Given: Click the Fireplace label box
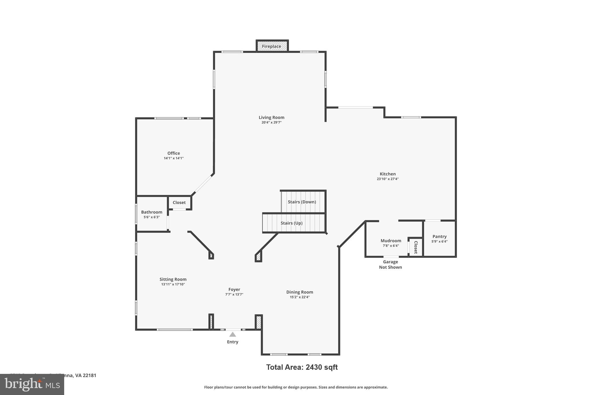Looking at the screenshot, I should (271, 46).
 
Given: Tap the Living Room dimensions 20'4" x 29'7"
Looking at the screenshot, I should (271, 122).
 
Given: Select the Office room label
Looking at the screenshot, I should (173, 153).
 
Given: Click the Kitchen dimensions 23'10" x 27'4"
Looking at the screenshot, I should (387, 179).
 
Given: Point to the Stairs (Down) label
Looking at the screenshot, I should (302, 202).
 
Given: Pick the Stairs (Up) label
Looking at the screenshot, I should (291, 223).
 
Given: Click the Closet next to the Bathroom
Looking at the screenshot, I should (179, 203).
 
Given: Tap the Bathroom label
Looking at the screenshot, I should (151, 212).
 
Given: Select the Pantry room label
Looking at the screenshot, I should (439, 236).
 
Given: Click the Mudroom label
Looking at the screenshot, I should (391, 241).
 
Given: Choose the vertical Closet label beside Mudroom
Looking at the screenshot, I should (416, 247).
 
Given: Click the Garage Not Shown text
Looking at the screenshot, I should (390, 264).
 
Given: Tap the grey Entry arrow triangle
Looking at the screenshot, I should (233, 335).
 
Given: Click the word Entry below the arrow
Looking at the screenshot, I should (232, 342).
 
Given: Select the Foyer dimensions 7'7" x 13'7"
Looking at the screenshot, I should (234, 294).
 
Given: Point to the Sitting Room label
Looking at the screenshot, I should (173, 279).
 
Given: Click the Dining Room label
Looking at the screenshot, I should (299, 292).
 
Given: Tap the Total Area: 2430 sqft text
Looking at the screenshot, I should (302, 367).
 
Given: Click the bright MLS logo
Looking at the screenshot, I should (32, 384).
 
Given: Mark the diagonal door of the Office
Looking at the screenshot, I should (203, 184).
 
